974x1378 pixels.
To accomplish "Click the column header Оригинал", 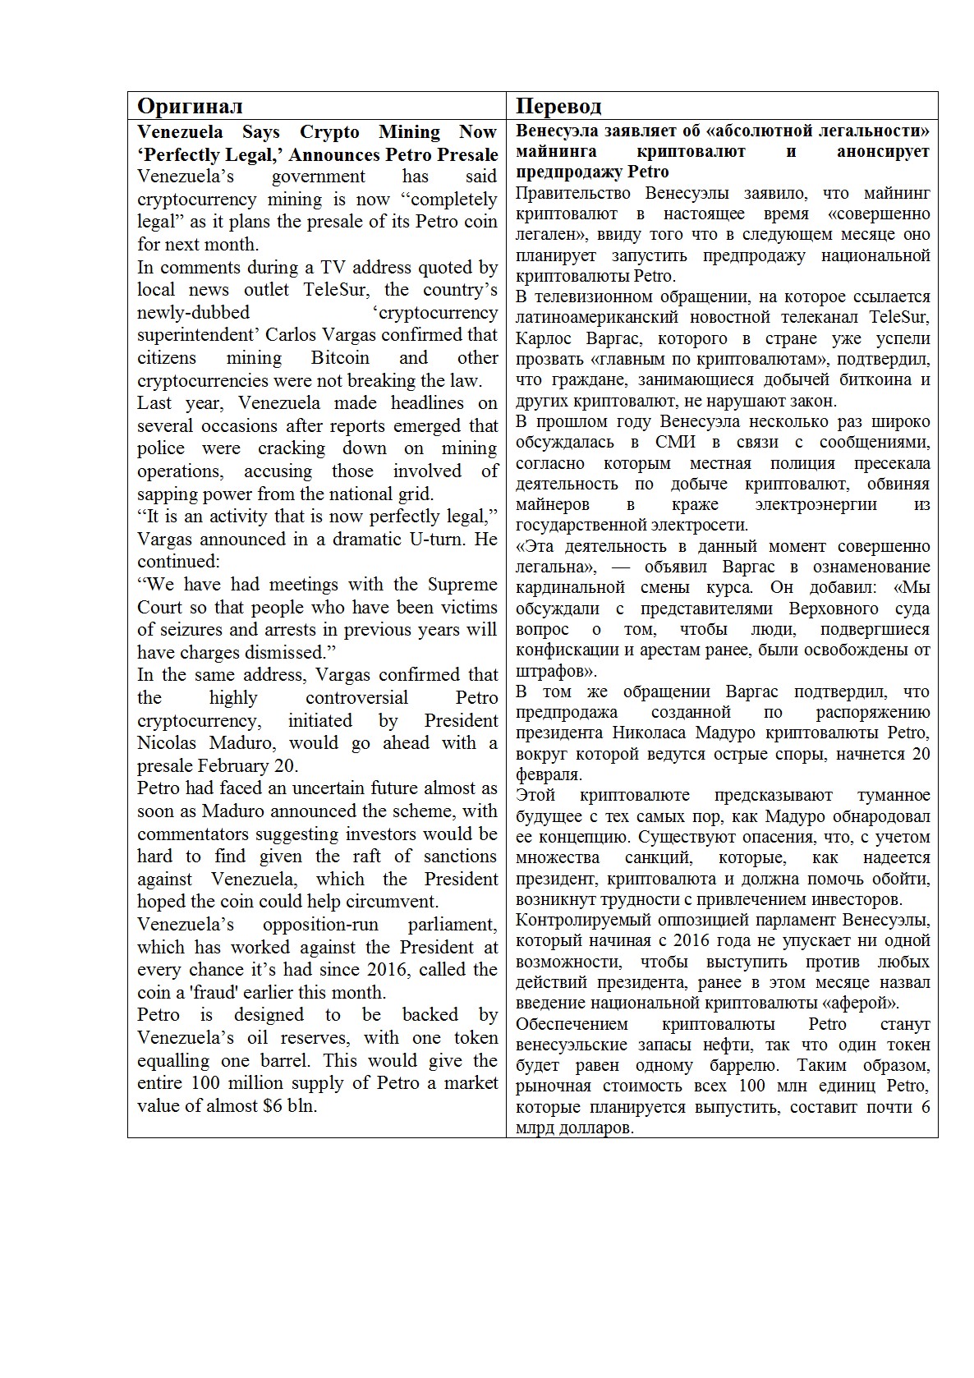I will tap(190, 106).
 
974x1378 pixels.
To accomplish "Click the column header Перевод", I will tap(558, 106).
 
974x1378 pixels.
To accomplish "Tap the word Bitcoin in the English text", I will tap(340, 358).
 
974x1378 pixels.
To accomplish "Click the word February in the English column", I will tap(232, 766).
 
